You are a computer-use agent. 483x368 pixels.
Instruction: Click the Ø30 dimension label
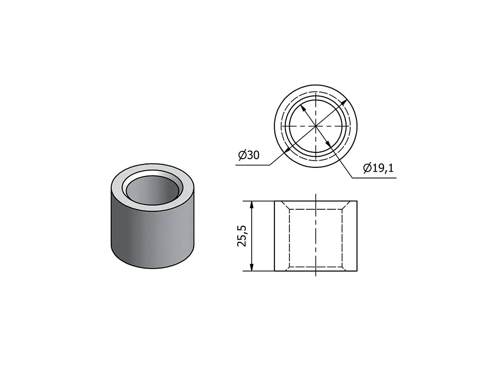click(249, 155)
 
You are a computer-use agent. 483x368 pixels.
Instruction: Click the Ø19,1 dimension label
click(378, 168)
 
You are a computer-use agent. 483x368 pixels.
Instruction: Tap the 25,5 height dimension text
click(242, 236)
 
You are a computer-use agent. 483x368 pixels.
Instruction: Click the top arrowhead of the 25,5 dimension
click(252, 205)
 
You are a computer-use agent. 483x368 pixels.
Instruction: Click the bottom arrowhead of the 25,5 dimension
click(252, 267)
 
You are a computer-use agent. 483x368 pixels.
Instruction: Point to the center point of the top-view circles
click(316, 126)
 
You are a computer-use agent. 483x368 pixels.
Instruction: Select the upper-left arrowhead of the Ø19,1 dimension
click(303, 109)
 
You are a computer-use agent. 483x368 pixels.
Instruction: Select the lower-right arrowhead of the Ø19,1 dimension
click(328, 144)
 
